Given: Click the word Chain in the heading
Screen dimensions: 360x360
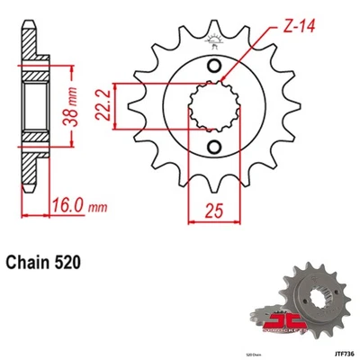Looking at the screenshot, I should point(31,265).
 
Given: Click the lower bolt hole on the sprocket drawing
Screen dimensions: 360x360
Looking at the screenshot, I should point(214,148).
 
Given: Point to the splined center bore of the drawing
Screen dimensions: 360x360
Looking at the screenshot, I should point(214,108).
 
